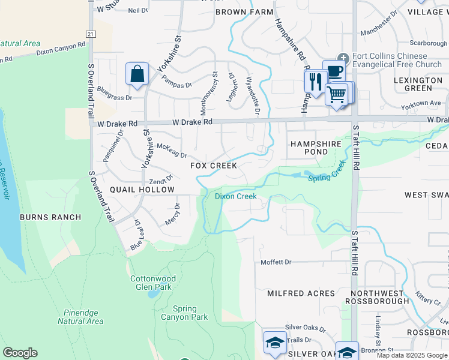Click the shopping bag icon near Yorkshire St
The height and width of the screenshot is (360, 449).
click(137, 75)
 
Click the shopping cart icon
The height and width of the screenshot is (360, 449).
click(337, 94)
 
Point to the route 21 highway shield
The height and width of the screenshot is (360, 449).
click(89, 34)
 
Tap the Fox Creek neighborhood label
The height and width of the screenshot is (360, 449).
click(214, 166)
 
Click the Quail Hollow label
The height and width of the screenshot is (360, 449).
click(142, 190)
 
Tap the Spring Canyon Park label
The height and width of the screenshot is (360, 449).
click(184, 313)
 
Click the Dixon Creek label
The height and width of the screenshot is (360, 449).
click(236, 196)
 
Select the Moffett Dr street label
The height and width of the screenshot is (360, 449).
click(276, 262)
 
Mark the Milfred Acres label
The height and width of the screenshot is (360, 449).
click(301, 293)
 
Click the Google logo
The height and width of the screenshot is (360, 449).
click(20, 353)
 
